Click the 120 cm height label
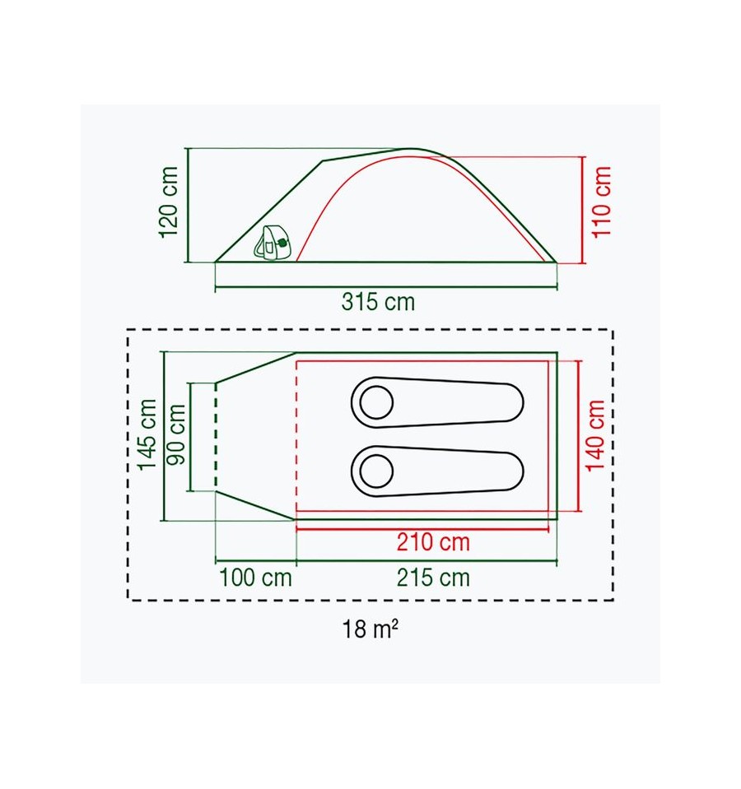pos(169,202)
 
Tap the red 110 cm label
pos(601,202)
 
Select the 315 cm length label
pos(378,302)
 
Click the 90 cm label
pos(176,434)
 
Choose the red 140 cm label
pos(595,435)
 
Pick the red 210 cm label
pos(433,542)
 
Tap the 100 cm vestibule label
pos(255,578)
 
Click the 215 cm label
pos(433,578)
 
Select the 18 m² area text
pos(370,629)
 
